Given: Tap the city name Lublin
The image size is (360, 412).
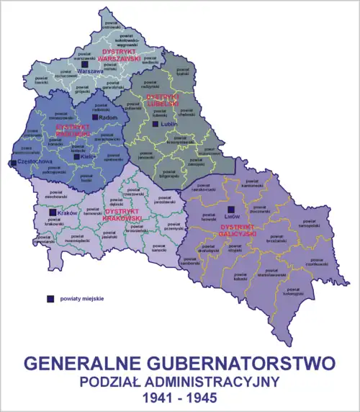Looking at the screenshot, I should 169,125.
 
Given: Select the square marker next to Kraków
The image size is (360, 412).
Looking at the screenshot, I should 53,213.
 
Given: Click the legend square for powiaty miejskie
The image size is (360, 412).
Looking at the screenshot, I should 51,298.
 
